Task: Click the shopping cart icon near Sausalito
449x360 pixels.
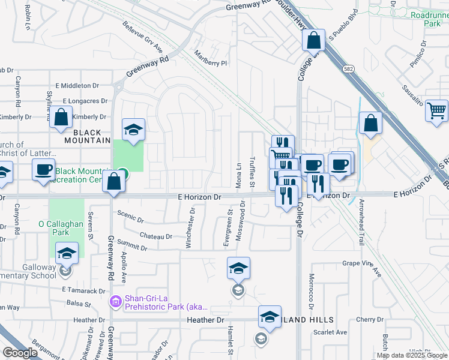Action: pos(437,110)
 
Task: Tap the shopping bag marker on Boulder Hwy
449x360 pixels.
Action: pos(314,41)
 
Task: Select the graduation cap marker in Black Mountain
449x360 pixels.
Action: pos(133,129)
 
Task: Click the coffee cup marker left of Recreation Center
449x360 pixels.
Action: pos(44,170)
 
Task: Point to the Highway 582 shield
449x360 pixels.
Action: pos(348,68)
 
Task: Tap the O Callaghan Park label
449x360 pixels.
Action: pos(67,227)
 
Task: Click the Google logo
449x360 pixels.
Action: pos(20,353)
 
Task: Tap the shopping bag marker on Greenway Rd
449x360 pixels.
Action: pos(113,182)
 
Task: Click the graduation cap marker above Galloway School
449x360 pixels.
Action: pos(67,253)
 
